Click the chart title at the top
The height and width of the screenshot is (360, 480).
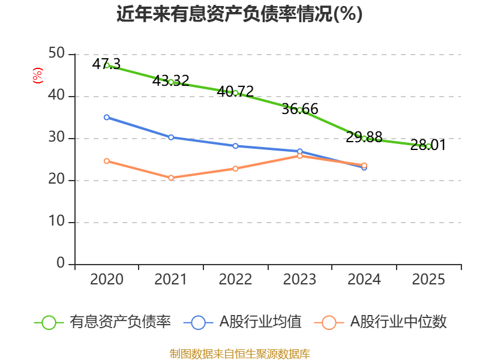point(239,14)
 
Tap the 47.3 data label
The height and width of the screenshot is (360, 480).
point(106,64)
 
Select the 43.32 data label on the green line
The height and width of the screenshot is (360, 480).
point(171,81)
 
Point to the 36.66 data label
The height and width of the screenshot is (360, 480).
point(299,109)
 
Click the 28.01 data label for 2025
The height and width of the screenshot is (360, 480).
point(428,145)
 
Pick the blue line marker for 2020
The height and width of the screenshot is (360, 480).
point(107,117)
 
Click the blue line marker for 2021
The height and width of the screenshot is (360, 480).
point(171,137)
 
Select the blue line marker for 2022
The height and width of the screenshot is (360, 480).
point(235,146)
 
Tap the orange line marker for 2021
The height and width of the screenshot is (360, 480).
point(171,178)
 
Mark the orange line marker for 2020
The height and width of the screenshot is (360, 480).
point(107,161)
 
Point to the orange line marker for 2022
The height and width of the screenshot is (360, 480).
point(235,169)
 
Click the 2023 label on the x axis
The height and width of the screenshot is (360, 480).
point(299,279)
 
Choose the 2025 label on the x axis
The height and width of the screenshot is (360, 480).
point(428,279)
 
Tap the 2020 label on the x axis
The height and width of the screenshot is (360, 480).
point(107,279)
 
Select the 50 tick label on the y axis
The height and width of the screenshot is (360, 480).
point(56,53)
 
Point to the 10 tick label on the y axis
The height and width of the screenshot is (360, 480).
point(56,221)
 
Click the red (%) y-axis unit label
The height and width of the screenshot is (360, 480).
point(38,76)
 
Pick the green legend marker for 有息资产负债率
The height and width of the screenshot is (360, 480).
point(49,323)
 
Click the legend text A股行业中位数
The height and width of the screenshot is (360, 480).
point(398,322)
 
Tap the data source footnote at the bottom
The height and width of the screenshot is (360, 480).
point(239,354)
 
